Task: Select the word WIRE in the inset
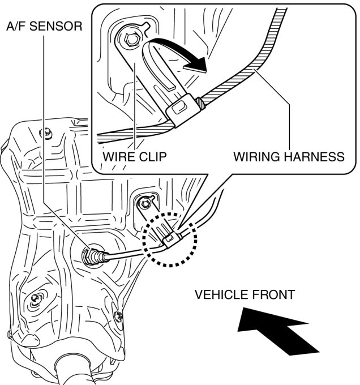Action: click(x=118, y=156)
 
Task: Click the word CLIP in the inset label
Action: click(x=152, y=156)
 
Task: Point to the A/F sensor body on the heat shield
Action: click(x=91, y=256)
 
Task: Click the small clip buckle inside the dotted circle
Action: click(x=168, y=240)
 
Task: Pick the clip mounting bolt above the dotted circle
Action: click(x=146, y=201)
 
